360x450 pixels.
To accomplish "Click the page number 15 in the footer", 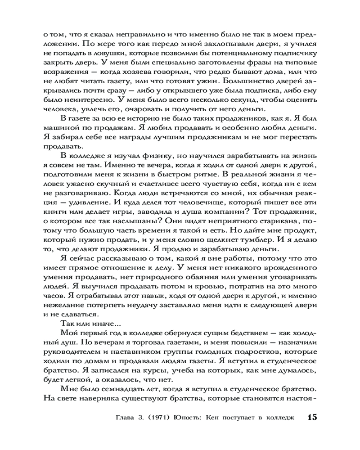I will [x=312, y=417].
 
